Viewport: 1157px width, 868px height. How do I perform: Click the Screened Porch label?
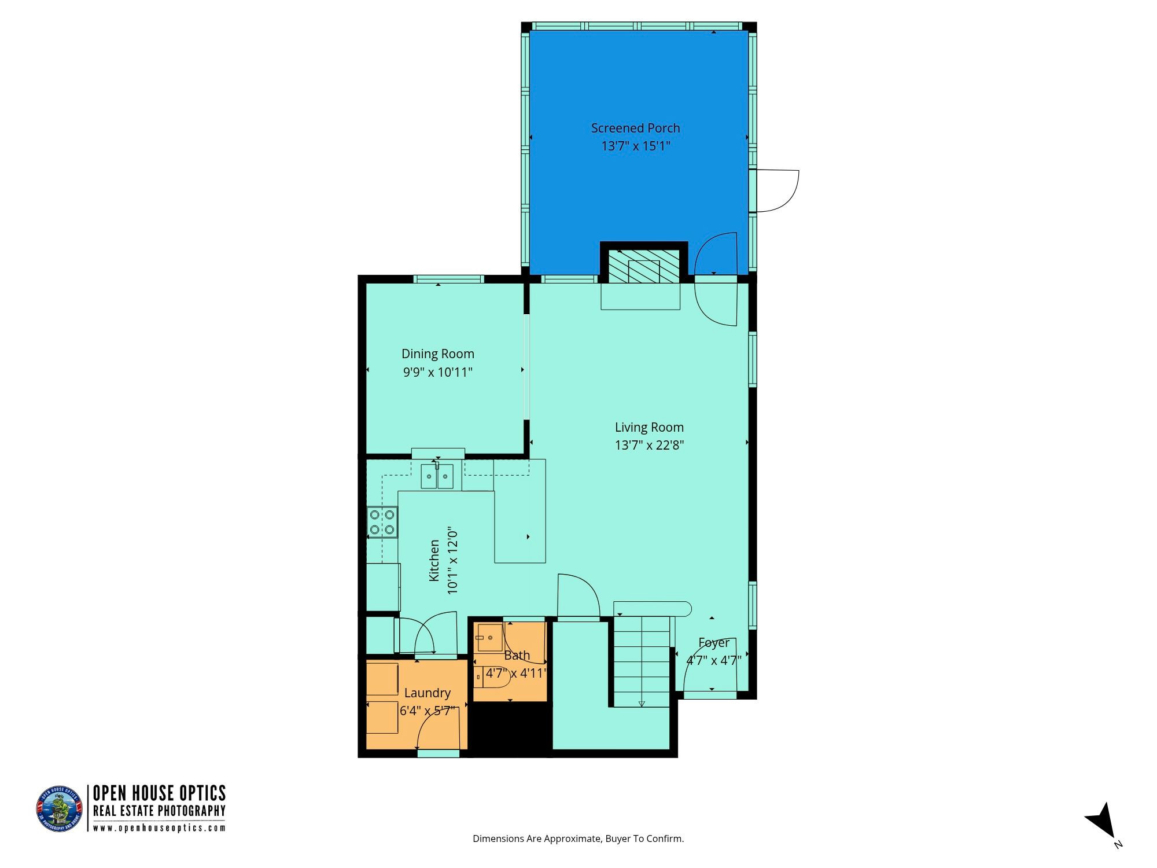635,128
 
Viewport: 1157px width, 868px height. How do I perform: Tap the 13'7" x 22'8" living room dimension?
649,445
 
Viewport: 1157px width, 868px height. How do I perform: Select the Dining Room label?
438,354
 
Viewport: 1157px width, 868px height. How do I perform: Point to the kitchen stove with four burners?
382,522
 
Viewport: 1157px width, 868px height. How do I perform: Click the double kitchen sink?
437,476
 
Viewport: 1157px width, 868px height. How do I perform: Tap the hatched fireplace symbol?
644,267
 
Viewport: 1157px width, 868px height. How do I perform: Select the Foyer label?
714,642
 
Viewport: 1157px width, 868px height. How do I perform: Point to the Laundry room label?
428,693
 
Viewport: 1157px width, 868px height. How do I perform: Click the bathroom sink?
490,638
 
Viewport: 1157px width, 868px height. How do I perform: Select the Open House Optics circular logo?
60,810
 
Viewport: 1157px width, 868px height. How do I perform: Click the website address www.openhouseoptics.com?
159,827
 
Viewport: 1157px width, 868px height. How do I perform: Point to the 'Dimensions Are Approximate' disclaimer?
578,838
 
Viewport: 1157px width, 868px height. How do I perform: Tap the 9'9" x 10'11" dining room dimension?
438,372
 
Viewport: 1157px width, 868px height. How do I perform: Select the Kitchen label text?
434,561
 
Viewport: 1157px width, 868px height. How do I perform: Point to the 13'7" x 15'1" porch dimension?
635,146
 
